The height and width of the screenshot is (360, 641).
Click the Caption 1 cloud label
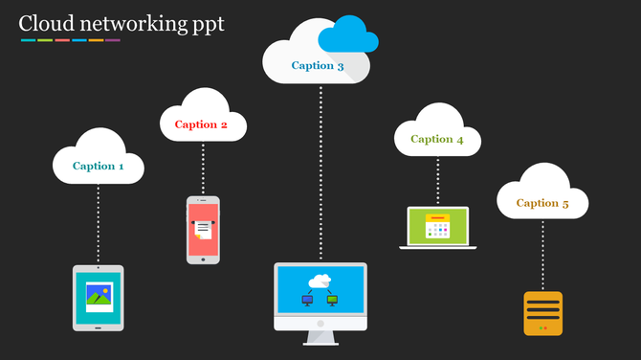tap(99, 166)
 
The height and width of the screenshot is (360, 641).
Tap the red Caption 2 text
tap(201, 124)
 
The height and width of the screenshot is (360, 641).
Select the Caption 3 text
tap(318, 66)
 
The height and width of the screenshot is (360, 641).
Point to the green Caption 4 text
tap(437, 139)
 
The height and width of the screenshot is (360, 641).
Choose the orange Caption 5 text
tap(542, 203)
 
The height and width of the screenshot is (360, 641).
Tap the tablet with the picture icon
tap(99, 297)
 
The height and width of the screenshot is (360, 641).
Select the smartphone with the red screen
tap(203, 230)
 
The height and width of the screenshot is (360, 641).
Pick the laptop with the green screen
tap(437, 228)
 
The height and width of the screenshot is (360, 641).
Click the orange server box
tap(542, 312)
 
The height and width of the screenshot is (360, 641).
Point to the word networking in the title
tap(131, 24)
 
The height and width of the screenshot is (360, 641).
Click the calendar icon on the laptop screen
tap(437, 226)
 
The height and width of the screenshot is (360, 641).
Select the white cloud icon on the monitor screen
tap(320, 280)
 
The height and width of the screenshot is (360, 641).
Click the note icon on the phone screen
tap(202, 228)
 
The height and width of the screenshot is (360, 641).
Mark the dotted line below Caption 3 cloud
tap(320, 172)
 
